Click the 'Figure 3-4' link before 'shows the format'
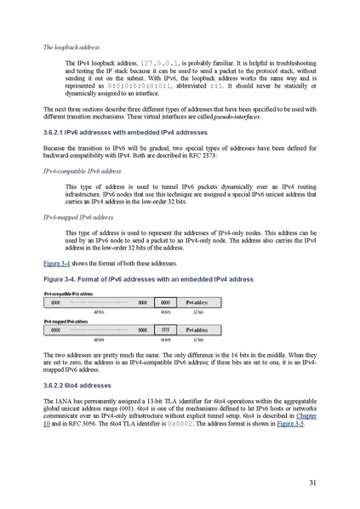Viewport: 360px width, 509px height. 58,264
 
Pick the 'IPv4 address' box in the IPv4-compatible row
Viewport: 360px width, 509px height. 197,301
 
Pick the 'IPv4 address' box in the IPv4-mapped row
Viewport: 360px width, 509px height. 197,329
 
